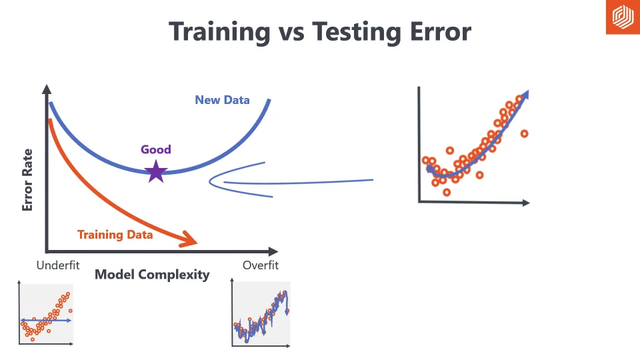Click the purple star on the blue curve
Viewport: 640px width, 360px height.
pyautogui.click(x=156, y=172)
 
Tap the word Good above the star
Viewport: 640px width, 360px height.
pyautogui.click(x=156, y=149)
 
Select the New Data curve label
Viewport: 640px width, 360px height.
pyautogui.click(x=222, y=100)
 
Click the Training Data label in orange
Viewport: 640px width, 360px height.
pyautogui.click(x=115, y=235)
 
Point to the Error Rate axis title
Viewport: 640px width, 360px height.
pyautogui.click(x=27, y=180)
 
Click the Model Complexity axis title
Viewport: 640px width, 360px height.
pyautogui.click(x=152, y=275)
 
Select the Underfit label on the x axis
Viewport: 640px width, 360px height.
pyautogui.click(x=58, y=265)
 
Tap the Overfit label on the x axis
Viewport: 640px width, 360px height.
pyautogui.click(x=261, y=265)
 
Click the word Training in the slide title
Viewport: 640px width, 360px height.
pyautogui.click(x=219, y=32)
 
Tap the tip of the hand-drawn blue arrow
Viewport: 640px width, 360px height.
pyautogui.click(x=211, y=179)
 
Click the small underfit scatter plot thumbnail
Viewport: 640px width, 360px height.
pyautogui.click(x=46, y=314)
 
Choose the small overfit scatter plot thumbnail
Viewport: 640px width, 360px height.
pyautogui.click(x=261, y=314)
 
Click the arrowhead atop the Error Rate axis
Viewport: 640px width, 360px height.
pyautogui.click(x=46, y=89)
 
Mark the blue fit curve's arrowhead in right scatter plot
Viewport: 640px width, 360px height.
pyautogui.click(x=526, y=94)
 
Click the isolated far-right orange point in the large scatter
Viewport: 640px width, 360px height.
pyautogui.click(x=524, y=133)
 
